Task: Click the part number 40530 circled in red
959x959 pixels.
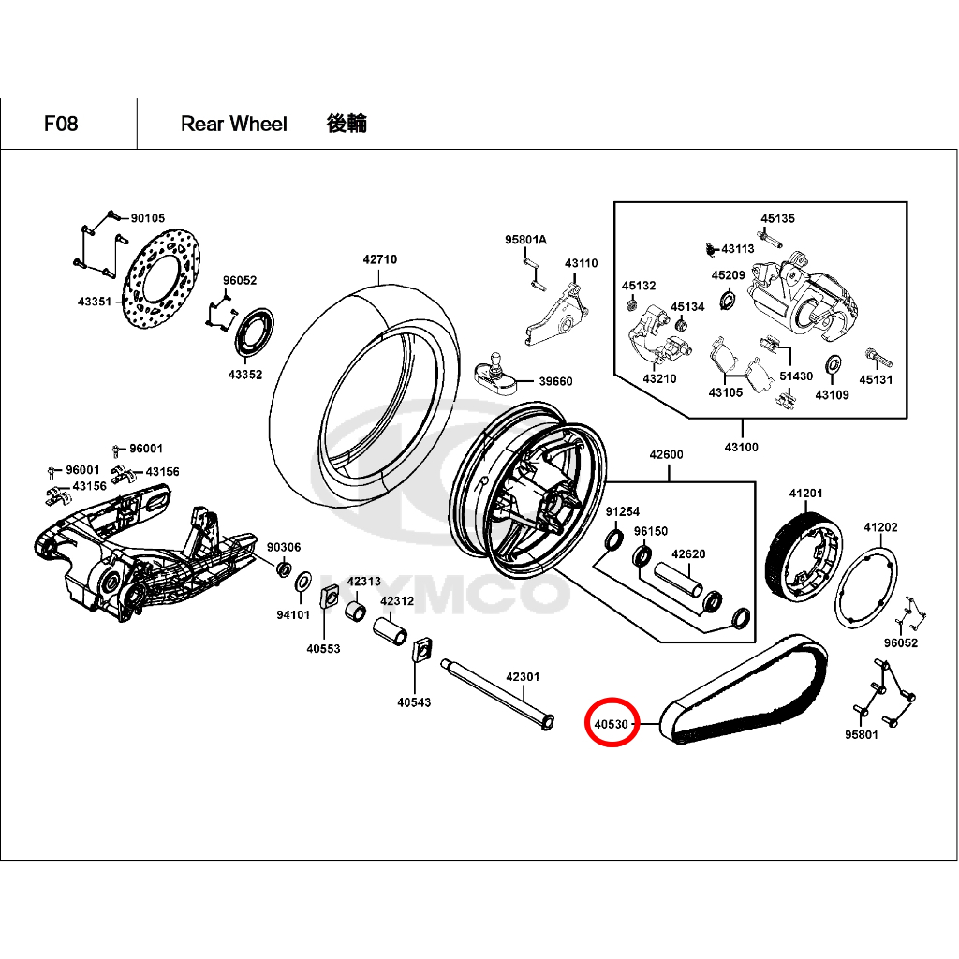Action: pyautogui.click(x=611, y=724)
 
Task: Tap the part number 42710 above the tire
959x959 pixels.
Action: pyautogui.click(x=380, y=259)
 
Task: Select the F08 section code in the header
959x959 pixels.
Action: pyautogui.click(x=61, y=124)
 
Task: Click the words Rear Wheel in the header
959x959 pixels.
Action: pyautogui.click(x=234, y=124)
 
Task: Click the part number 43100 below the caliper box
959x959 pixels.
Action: pyautogui.click(x=741, y=448)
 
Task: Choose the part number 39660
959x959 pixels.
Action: pyautogui.click(x=554, y=381)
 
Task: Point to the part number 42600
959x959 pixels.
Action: pyautogui.click(x=667, y=455)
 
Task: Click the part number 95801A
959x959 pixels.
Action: pyautogui.click(x=525, y=240)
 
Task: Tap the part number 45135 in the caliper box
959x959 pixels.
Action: pyautogui.click(x=777, y=218)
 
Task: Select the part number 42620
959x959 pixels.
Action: pyautogui.click(x=688, y=554)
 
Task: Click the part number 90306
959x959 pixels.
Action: pyautogui.click(x=284, y=547)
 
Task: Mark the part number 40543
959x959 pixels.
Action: pyautogui.click(x=414, y=701)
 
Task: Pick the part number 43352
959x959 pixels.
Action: pyautogui.click(x=245, y=375)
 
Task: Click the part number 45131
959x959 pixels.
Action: pyautogui.click(x=877, y=380)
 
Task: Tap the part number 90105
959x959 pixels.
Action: pyautogui.click(x=147, y=217)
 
